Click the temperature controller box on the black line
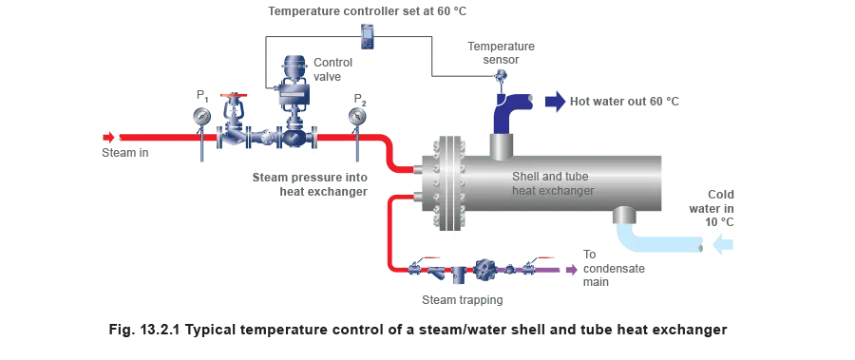[x=367, y=37]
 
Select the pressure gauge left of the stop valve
[x=201, y=117]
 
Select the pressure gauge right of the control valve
[x=357, y=117]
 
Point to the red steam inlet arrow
[x=110, y=138]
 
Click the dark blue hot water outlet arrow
[x=556, y=100]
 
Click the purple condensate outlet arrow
[x=570, y=269]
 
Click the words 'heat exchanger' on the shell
[x=553, y=191]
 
